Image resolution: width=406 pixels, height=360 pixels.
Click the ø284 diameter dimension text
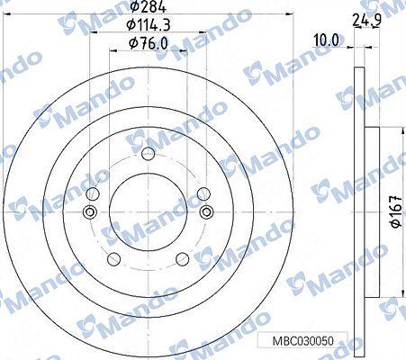[x=149, y=7]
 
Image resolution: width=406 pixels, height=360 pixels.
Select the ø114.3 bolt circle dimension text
[x=149, y=25]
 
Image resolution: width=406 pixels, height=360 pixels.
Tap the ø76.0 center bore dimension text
[x=148, y=43]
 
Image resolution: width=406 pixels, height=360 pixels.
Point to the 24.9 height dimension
[x=366, y=21]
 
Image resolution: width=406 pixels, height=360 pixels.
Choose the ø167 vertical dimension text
[x=397, y=211]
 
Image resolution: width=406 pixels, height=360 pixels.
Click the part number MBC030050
[x=302, y=341]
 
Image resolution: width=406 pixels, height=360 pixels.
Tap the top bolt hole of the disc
[x=149, y=154]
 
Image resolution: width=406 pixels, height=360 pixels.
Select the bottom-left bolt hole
[x=113, y=259]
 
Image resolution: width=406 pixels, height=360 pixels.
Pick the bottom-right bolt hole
[x=183, y=259]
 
